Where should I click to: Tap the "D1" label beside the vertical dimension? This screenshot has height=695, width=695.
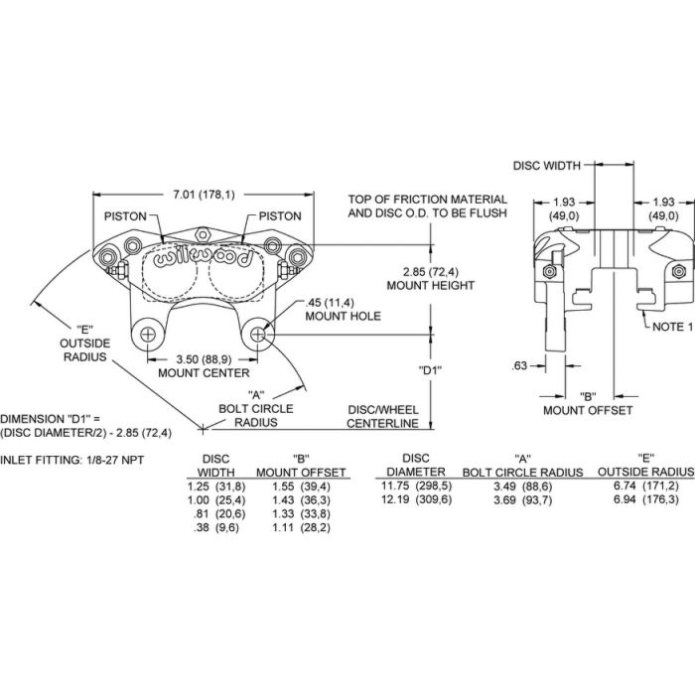[430, 369]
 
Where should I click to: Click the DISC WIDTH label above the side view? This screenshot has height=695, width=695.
[546, 166]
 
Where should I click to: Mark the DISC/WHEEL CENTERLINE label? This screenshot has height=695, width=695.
[382, 417]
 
